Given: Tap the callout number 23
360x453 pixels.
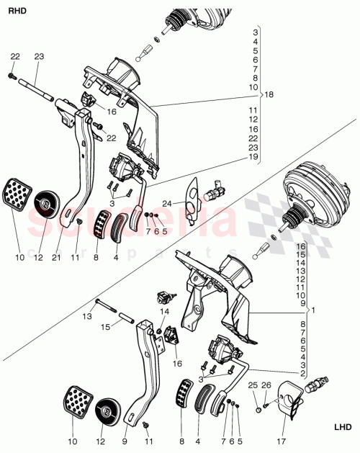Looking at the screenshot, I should (x=39, y=56).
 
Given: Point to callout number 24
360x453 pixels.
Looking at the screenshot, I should (x=166, y=203).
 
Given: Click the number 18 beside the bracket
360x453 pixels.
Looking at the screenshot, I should (x=269, y=94).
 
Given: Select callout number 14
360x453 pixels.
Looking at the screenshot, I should (x=163, y=310).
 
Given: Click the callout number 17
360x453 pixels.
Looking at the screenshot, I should (x=280, y=441).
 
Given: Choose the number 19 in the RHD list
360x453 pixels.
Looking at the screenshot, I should (x=253, y=156).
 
